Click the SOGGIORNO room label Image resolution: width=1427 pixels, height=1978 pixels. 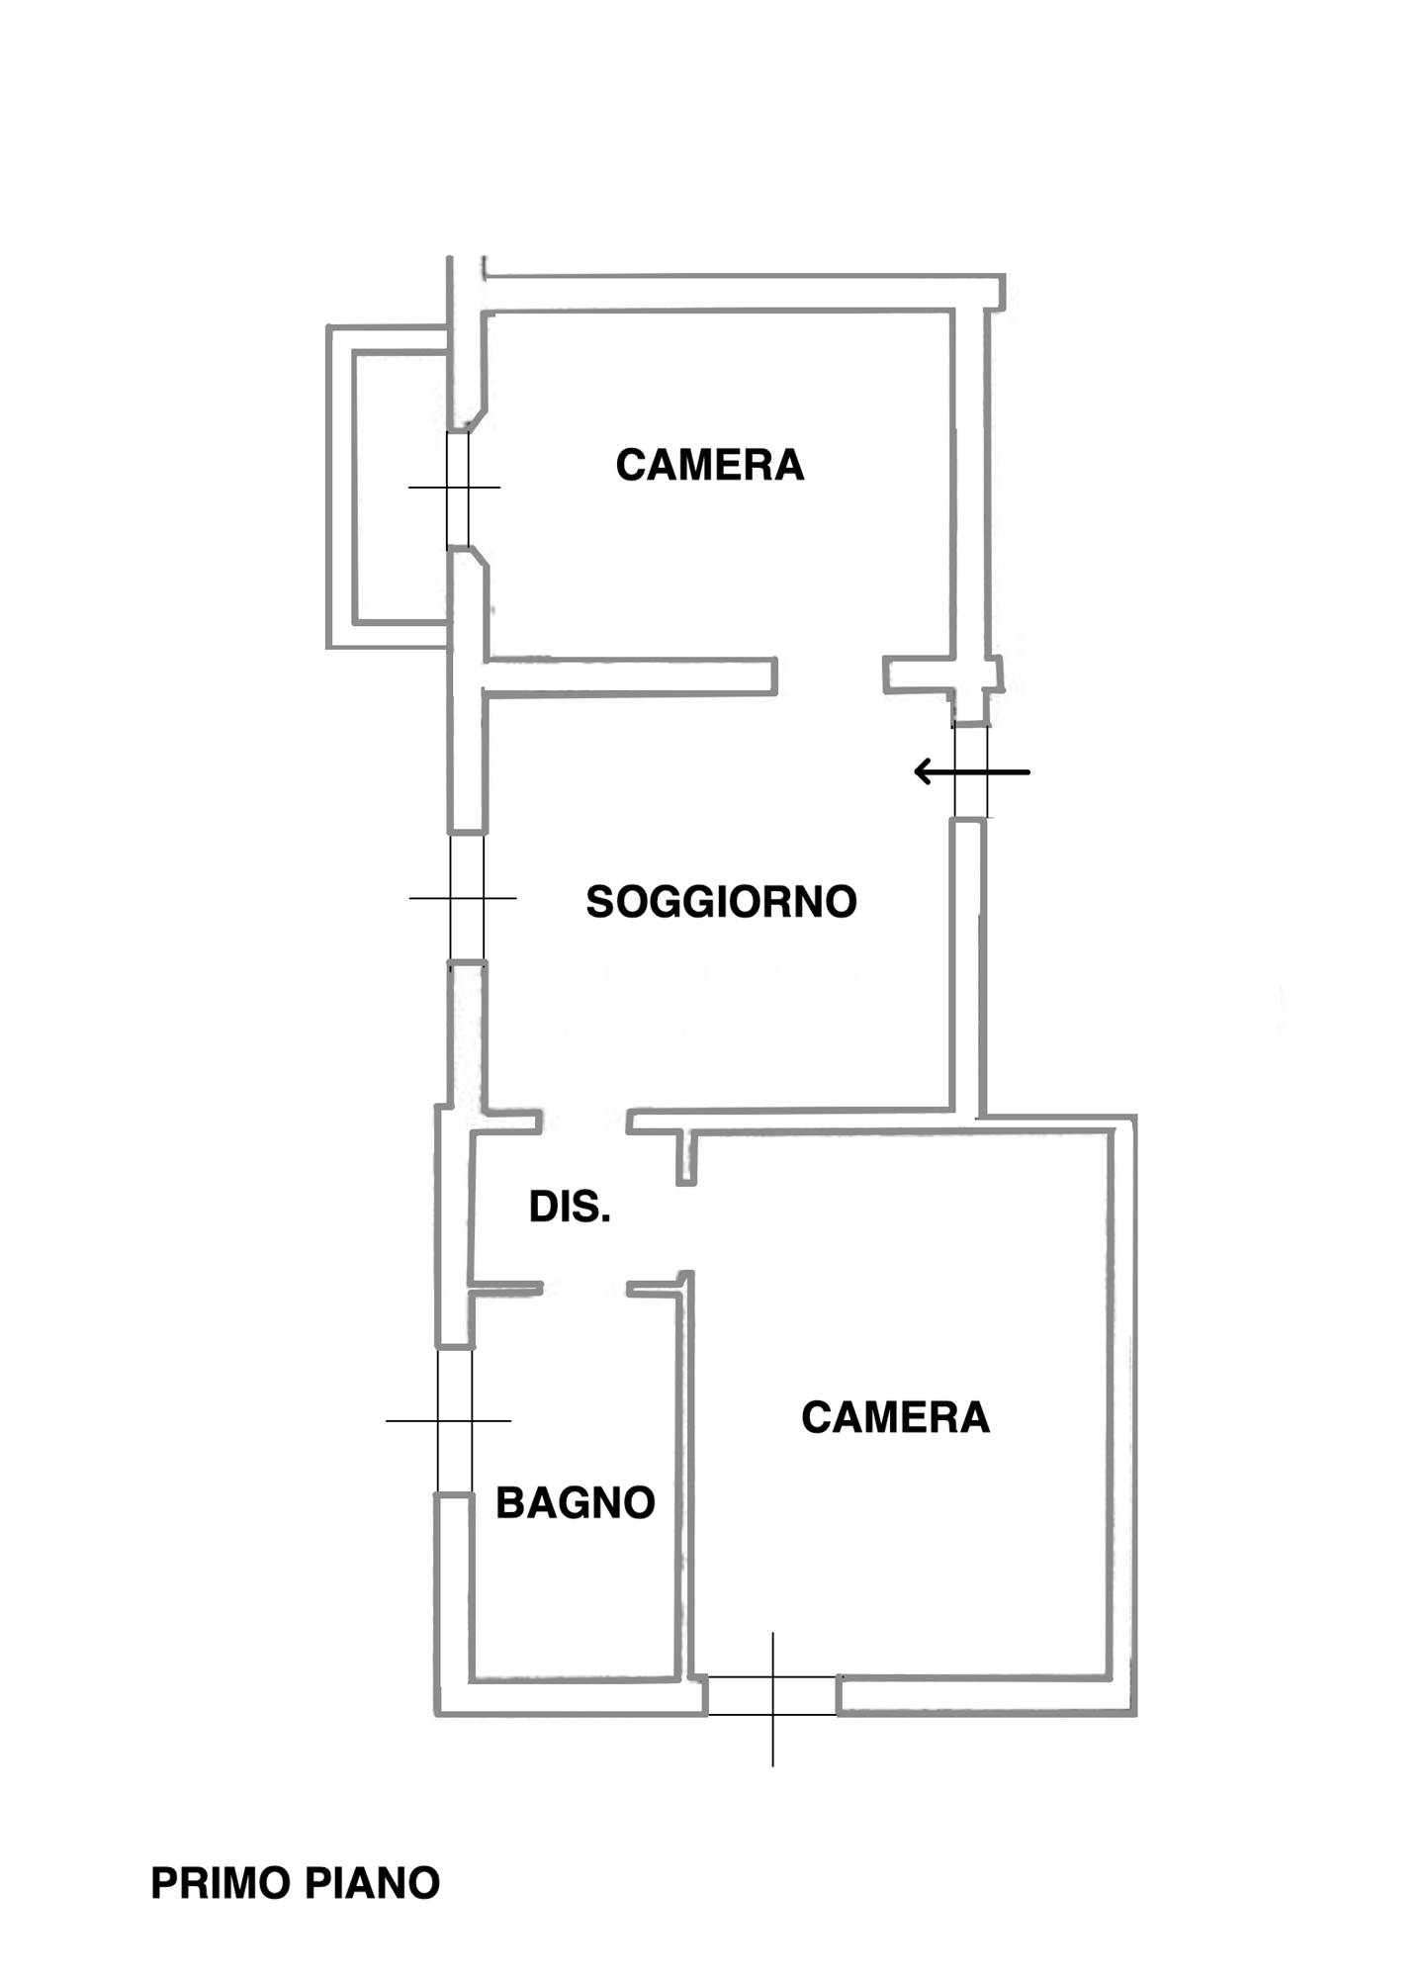pyautogui.click(x=721, y=902)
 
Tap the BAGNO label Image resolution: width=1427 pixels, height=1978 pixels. pyautogui.click(x=575, y=1502)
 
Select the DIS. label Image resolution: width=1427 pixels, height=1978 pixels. pyautogui.click(x=570, y=1207)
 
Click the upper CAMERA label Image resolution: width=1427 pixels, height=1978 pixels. pyautogui.click(x=709, y=465)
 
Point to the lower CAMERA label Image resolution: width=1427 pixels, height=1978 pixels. pyautogui.click(x=895, y=1417)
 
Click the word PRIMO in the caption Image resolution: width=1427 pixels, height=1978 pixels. pyautogui.click(x=221, y=1883)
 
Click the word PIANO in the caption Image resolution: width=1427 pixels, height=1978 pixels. pyautogui.click(x=372, y=1883)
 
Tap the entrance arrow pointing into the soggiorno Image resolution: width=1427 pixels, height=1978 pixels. pyautogui.click(x=970, y=771)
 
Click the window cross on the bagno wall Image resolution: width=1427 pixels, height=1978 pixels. pyautogui.click(x=455, y=1421)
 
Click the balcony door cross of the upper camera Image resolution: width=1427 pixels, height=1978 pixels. pyautogui.click(x=457, y=488)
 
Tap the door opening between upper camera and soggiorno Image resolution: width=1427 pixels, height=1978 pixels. pyautogui.click(x=829, y=676)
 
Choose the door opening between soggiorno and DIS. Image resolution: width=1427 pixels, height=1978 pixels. pyautogui.click(x=583, y=1121)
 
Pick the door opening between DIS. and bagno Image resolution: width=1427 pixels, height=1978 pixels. pyautogui.click(x=583, y=1289)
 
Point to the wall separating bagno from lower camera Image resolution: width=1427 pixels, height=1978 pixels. pyautogui.click(x=683, y=1483)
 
